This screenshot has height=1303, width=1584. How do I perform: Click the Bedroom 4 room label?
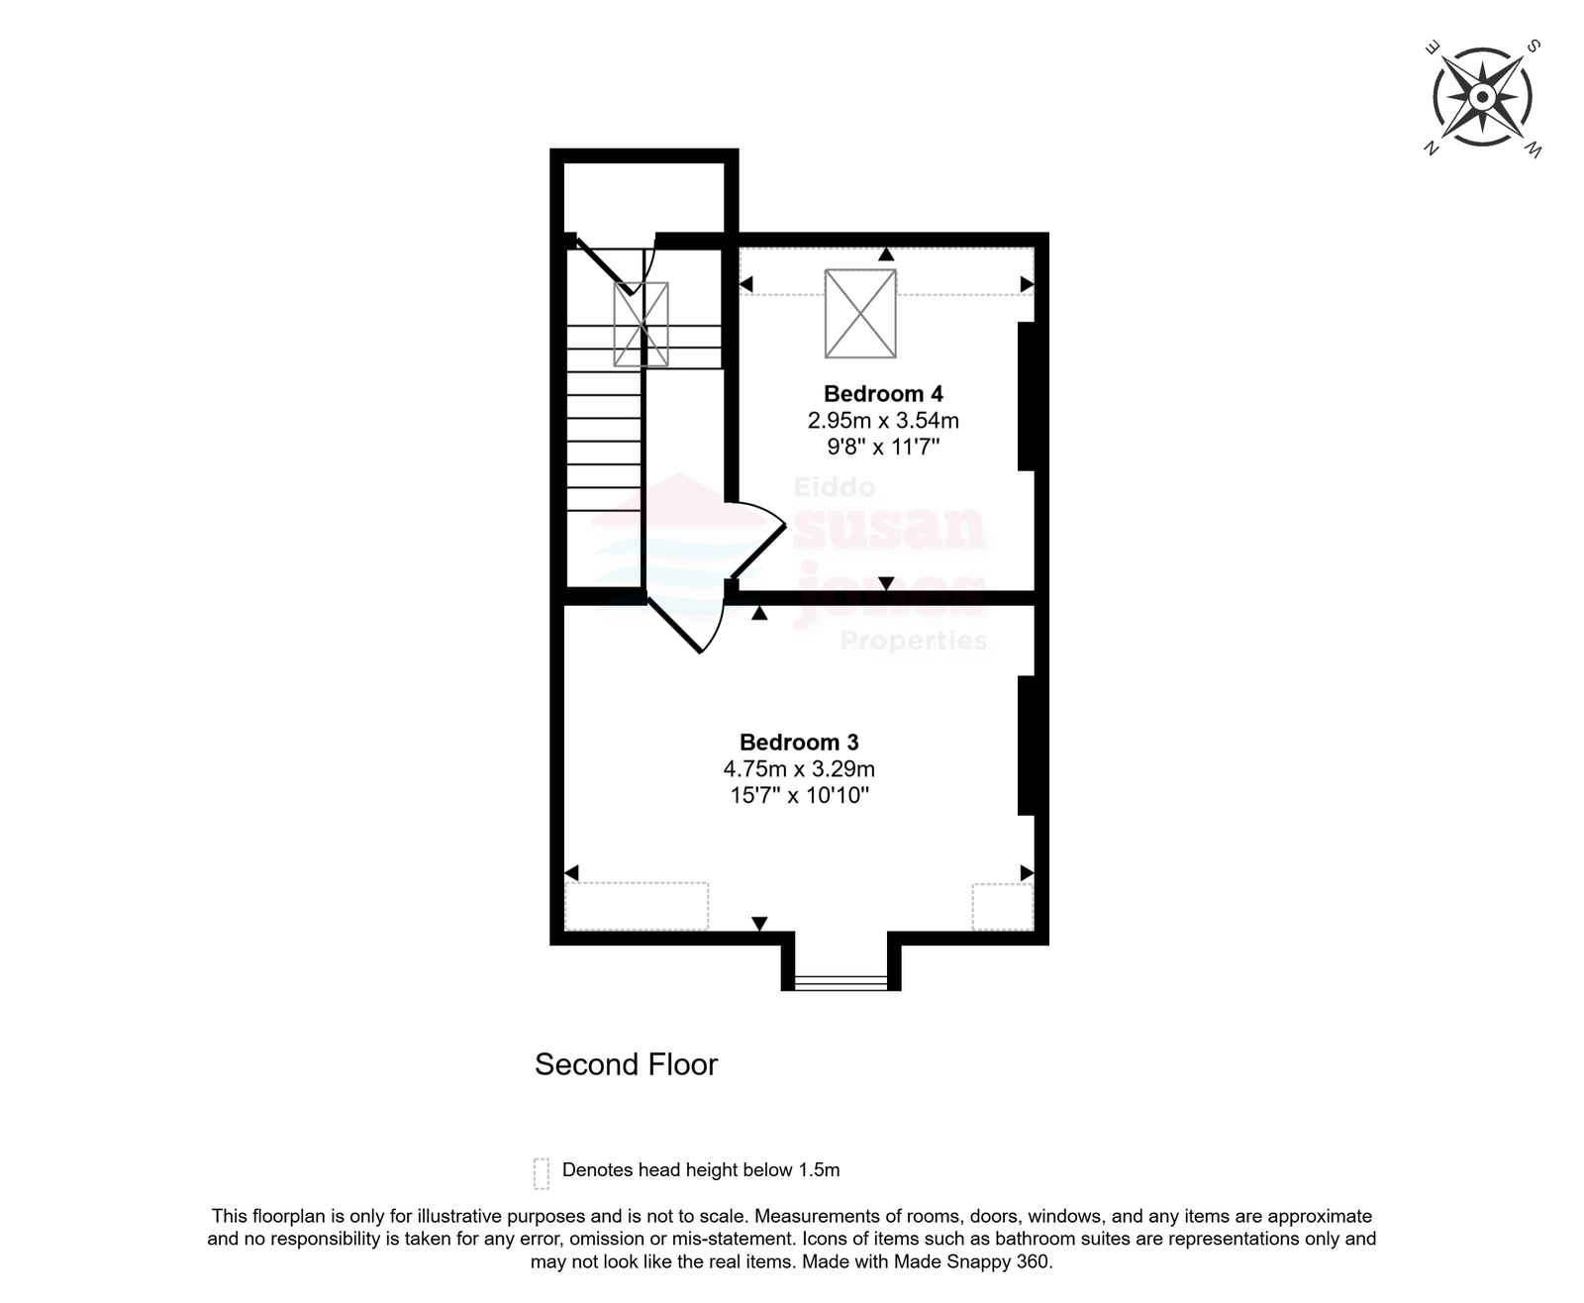pos(882,393)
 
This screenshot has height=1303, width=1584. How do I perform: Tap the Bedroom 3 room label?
pos(798,742)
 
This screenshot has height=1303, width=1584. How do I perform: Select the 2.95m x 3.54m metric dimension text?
pos(882,420)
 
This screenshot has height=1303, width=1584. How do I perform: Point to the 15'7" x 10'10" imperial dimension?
pos(799,794)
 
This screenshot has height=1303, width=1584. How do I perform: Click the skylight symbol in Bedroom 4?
pos(860,313)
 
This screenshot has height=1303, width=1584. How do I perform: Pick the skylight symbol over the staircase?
pos(641,325)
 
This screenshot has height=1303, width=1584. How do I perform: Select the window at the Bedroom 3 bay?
pos(841,981)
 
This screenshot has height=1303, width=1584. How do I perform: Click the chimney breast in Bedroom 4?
pos(1026,396)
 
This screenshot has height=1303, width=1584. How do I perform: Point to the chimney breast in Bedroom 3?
pos(1026,745)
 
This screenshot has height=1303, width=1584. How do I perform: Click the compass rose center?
pos(1482,97)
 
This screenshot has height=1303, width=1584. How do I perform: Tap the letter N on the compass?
pos(1431,148)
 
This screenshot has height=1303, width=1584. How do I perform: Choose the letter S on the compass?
pos(1534,47)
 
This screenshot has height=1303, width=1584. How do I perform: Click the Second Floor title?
pos(626,1064)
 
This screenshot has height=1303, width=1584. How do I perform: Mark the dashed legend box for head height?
pos(541,1174)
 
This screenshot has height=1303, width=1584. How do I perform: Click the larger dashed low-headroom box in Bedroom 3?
pos(637,906)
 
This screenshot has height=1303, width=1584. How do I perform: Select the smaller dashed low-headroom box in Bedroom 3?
pos(1003,907)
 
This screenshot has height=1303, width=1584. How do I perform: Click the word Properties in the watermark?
pos(914,640)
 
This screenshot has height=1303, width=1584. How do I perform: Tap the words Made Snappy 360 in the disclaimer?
pos(971,1261)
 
